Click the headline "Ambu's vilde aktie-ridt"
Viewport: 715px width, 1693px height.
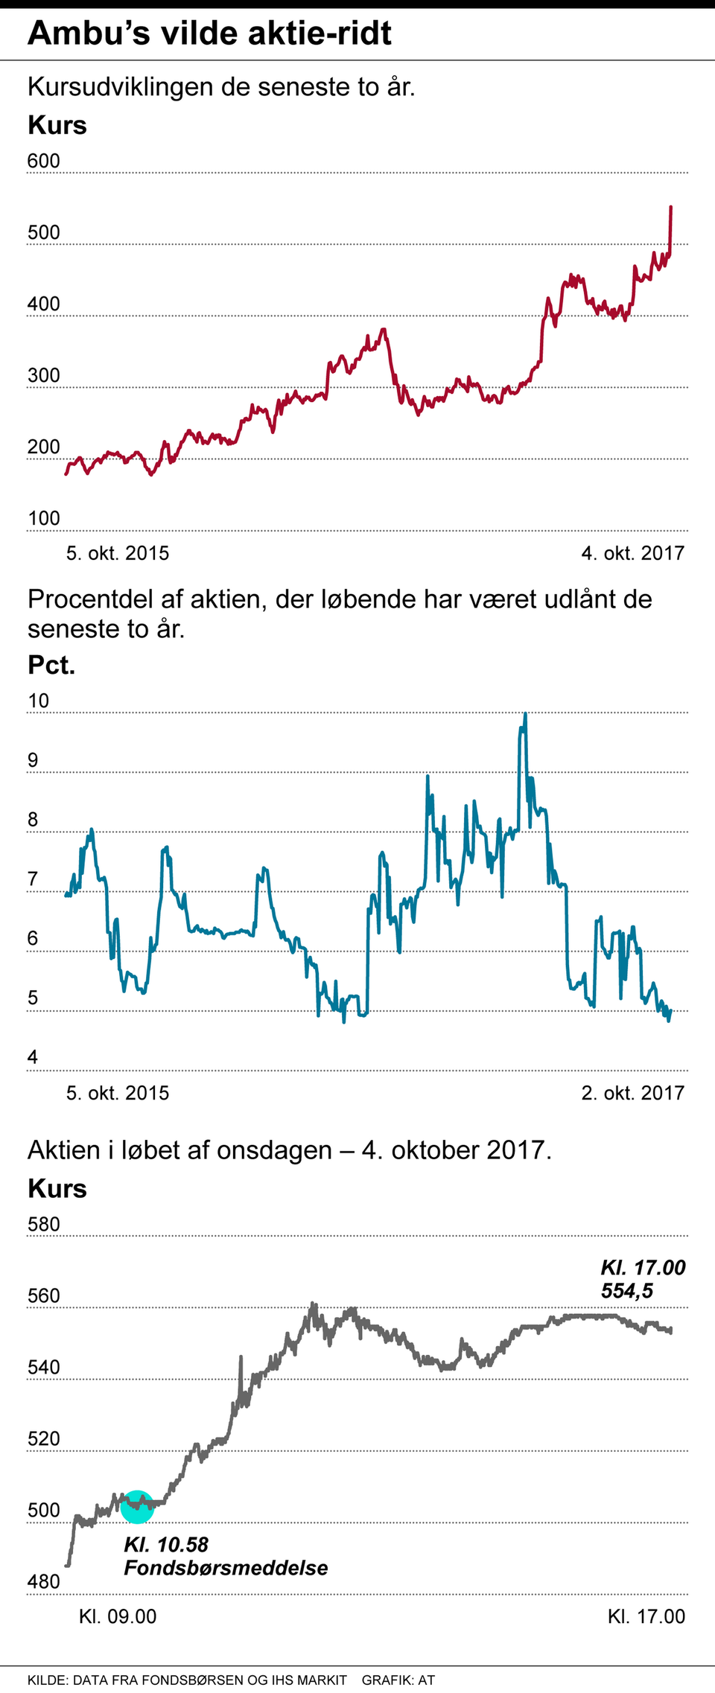coord(209,34)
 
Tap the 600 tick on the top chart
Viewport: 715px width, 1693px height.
coord(43,161)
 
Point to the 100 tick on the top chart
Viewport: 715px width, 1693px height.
coord(43,518)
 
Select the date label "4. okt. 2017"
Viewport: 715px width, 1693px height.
coord(632,553)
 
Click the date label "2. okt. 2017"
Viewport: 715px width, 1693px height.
coord(632,1093)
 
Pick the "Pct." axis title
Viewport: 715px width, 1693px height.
coord(51,665)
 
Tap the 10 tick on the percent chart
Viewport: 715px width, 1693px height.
coord(38,701)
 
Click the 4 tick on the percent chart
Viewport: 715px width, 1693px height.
coord(33,1057)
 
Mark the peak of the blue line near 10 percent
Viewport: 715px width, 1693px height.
coord(525,714)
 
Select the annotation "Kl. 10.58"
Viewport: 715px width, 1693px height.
coord(166,1545)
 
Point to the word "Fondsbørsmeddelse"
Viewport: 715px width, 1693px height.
coord(226,1568)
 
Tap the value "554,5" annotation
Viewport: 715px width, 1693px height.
coord(627,1291)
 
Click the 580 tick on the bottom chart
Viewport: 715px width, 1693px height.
coord(43,1225)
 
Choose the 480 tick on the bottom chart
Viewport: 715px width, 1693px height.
coord(43,1582)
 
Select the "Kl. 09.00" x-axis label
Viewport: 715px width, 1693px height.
coord(118,1616)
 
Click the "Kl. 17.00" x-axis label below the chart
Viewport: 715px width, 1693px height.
coord(646,1616)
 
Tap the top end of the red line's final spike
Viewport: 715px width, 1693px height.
coord(671,207)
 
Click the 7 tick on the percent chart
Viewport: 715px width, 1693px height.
coord(33,879)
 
